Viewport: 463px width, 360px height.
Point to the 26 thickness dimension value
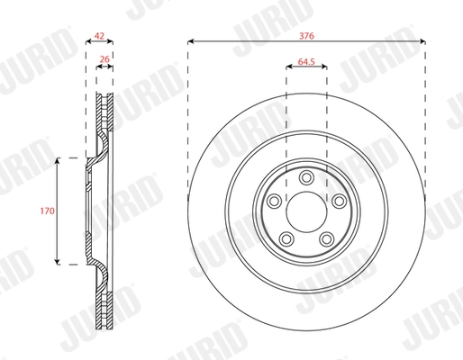coord(105,60)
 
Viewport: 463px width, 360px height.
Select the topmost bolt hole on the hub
coord(306,176)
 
